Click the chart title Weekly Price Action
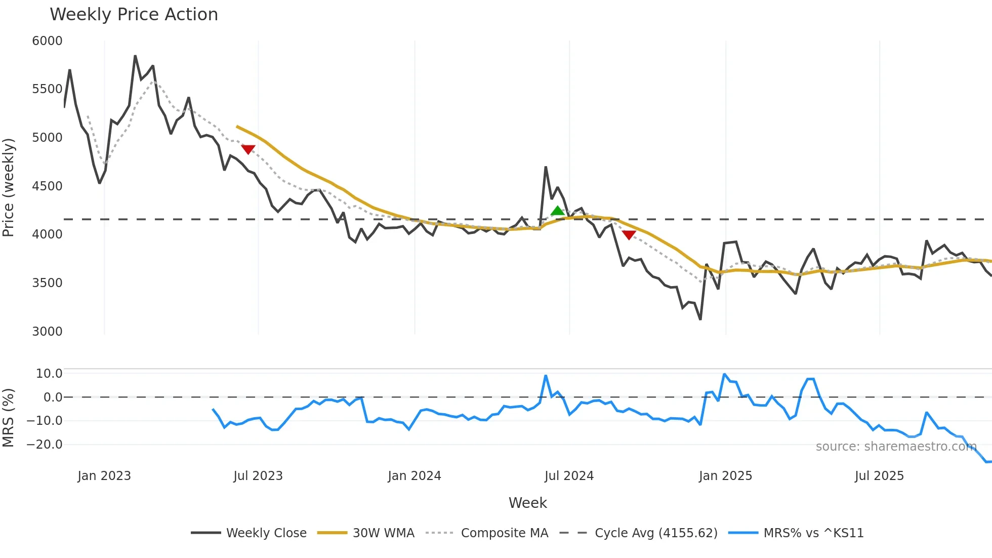click(134, 15)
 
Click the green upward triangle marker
click(557, 211)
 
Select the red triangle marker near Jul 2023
click(248, 149)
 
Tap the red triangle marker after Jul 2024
click(629, 235)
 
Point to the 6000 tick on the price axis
click(47, 41)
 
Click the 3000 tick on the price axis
click(47, 332)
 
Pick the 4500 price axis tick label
click(47, 186)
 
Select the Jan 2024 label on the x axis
click(415, 476)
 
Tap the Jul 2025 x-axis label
click(879, 476)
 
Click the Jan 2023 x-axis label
click(104, 476)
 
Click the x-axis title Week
click(527, 503)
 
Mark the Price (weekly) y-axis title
click(9, 187)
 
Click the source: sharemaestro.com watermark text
click(896, 447)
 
